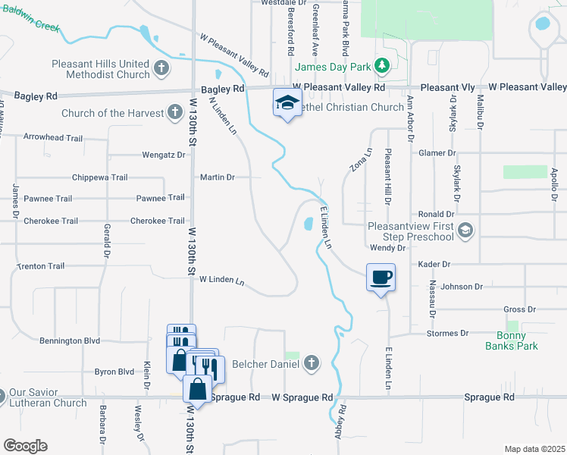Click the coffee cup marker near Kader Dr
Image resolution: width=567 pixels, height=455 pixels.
coord(381,277)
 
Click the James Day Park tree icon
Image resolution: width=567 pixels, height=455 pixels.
coord(383,67)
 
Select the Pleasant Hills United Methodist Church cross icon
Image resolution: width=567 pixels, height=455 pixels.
coord(161,69)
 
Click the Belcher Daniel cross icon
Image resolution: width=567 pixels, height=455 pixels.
coord(309,364)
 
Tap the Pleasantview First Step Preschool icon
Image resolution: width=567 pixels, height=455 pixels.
coord(466,230)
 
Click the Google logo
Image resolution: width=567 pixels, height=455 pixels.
coord(25,445)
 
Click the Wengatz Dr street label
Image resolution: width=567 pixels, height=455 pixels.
coord(164,155)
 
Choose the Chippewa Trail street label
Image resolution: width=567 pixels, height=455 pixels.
coord(99,177)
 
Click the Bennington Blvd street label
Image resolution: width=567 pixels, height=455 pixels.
coord(70,341)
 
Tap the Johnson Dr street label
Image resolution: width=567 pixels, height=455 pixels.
coord(462,287)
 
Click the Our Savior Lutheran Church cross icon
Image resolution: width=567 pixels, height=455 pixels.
coord(2,395)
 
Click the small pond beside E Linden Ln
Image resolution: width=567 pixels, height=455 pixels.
coord(309,224)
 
